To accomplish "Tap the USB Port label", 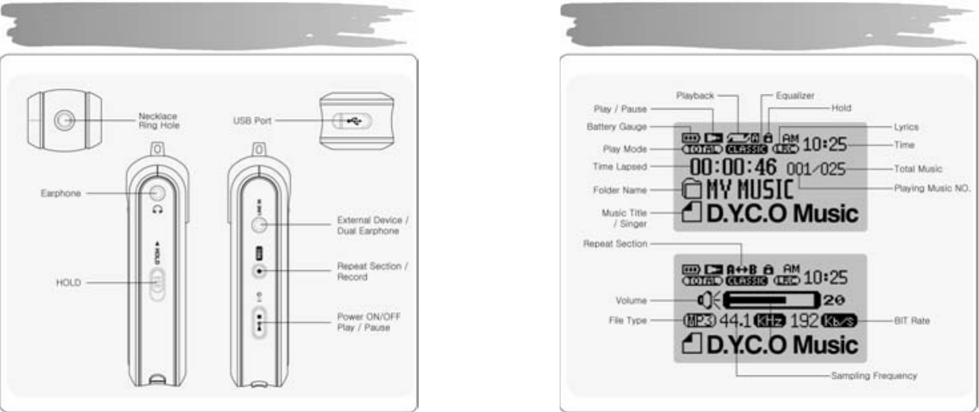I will (x=253, y=121).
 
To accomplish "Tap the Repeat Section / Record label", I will (x=373, y=271).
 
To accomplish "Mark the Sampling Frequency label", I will (x=874, y=375).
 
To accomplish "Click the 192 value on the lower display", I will (x=805, y=322).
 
